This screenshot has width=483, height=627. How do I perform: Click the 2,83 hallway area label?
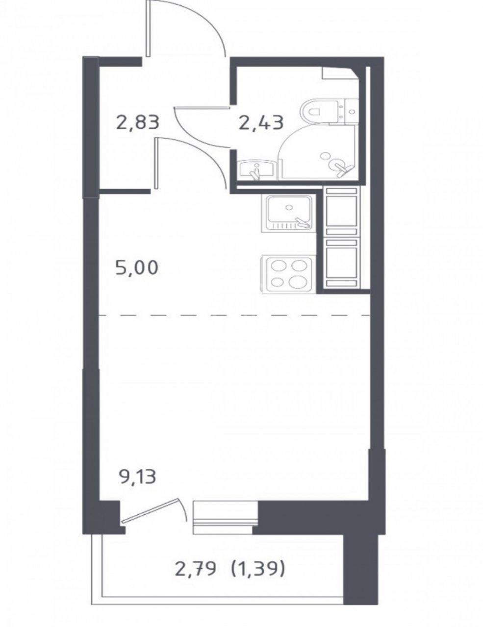138,122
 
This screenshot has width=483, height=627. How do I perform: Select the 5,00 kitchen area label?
137,267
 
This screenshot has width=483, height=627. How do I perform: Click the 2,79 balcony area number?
196,544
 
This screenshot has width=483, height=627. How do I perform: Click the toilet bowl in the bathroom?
319,111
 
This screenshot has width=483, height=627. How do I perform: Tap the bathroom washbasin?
256,170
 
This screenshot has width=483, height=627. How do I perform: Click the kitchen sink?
287,213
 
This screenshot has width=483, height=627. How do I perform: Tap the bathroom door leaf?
202,108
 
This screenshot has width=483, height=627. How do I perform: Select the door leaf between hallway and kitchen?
157,163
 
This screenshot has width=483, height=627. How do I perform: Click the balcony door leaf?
150,504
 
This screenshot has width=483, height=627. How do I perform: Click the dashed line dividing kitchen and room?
234,315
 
